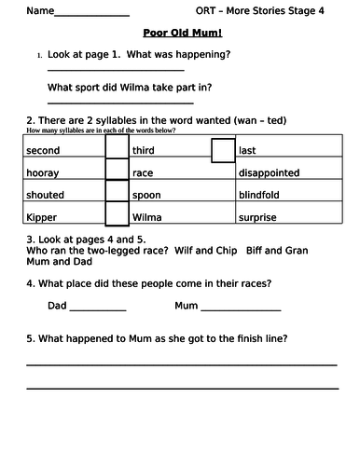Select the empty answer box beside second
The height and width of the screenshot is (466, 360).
117,150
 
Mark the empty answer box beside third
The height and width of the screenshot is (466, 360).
223,150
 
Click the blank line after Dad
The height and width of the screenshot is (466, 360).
98,310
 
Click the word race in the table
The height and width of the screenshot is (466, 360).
143,172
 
